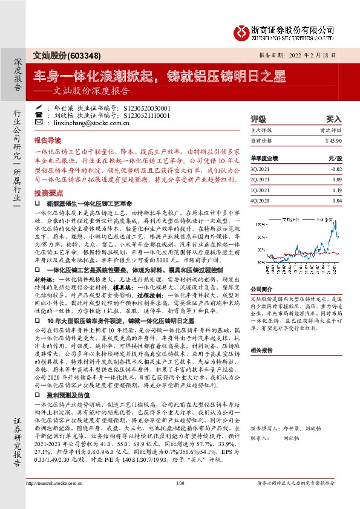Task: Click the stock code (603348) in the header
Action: coord(83,54)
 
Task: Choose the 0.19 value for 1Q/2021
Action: coord(336,190)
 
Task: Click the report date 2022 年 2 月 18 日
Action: coord(318,54)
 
